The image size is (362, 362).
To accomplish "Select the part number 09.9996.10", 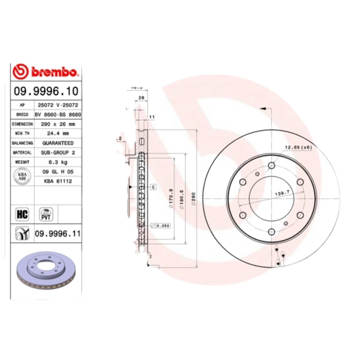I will [x=46, y=91].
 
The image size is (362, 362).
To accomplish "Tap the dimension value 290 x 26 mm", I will [x=57, y=124].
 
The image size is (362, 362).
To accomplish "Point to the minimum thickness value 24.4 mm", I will [x=57, y=133].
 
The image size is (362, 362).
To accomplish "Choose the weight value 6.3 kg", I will [x=57, y=162].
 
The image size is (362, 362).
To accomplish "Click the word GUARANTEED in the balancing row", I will [x=57, y=143].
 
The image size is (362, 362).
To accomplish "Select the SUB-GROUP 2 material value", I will [x=57, y=152].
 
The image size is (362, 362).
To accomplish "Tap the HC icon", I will [x=22, y=214].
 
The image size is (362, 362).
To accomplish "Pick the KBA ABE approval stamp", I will [x=22, y=176].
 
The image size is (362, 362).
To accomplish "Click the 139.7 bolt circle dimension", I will [x=282, y=193].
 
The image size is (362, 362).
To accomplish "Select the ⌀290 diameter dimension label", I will [x=194, y=200].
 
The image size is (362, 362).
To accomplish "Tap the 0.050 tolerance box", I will [x=162, y=225].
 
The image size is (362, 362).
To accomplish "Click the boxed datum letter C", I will [x=153, y=186].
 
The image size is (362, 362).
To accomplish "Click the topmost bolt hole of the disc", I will [x=271, y=166].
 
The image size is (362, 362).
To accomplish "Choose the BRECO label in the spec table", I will [x=22, y=114].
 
